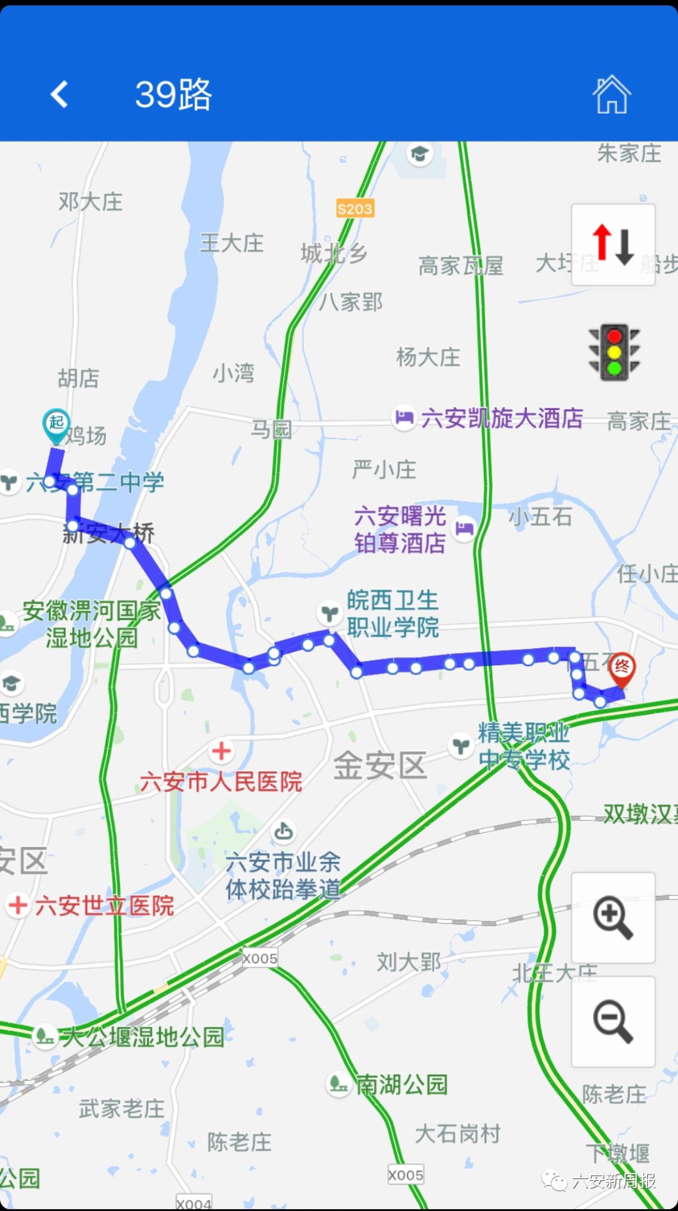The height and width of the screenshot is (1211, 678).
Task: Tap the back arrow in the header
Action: [60, 95]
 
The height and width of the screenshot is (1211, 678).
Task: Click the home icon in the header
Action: [611, 95]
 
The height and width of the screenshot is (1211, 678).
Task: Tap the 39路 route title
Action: [174, 95]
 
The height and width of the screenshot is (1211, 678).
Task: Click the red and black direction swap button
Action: [613, 244]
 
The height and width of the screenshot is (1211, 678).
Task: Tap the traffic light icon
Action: [613, 352]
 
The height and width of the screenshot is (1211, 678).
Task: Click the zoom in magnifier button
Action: [613, 918]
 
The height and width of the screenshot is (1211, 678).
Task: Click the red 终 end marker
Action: [621, 668]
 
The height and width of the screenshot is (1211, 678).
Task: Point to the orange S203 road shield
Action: [355, 209]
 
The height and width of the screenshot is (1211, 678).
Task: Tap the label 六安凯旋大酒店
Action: [502, 418]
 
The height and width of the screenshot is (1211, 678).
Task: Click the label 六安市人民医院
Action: [221, 782]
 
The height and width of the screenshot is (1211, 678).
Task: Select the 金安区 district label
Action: [380, 766]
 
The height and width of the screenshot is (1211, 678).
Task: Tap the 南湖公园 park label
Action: [402, 1085]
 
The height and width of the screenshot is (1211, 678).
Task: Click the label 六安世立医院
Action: [104, 906]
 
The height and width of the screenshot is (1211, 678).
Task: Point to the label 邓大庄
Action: [90, 202]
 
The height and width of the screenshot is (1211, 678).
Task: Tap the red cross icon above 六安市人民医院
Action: [221, 751]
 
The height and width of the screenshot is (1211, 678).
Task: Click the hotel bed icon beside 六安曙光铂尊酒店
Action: [464, 528]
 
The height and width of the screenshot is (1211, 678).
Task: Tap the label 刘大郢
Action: [409, 962]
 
